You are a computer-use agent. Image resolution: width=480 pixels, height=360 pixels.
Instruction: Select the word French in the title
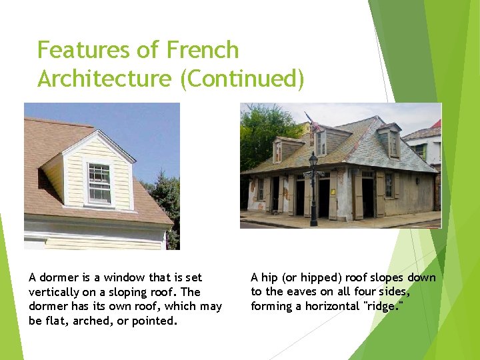[x=202, y=50]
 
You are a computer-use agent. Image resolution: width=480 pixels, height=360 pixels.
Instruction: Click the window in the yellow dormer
[x=99, y=183]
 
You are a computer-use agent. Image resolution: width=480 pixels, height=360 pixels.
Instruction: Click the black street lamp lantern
[x=313, y=160]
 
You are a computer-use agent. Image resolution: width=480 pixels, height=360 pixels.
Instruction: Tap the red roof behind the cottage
[x=436, y=125]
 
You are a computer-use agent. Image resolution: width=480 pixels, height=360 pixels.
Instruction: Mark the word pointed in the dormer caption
[x=155, y=321]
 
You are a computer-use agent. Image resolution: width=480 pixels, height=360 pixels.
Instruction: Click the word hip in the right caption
[x=270, y=278]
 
